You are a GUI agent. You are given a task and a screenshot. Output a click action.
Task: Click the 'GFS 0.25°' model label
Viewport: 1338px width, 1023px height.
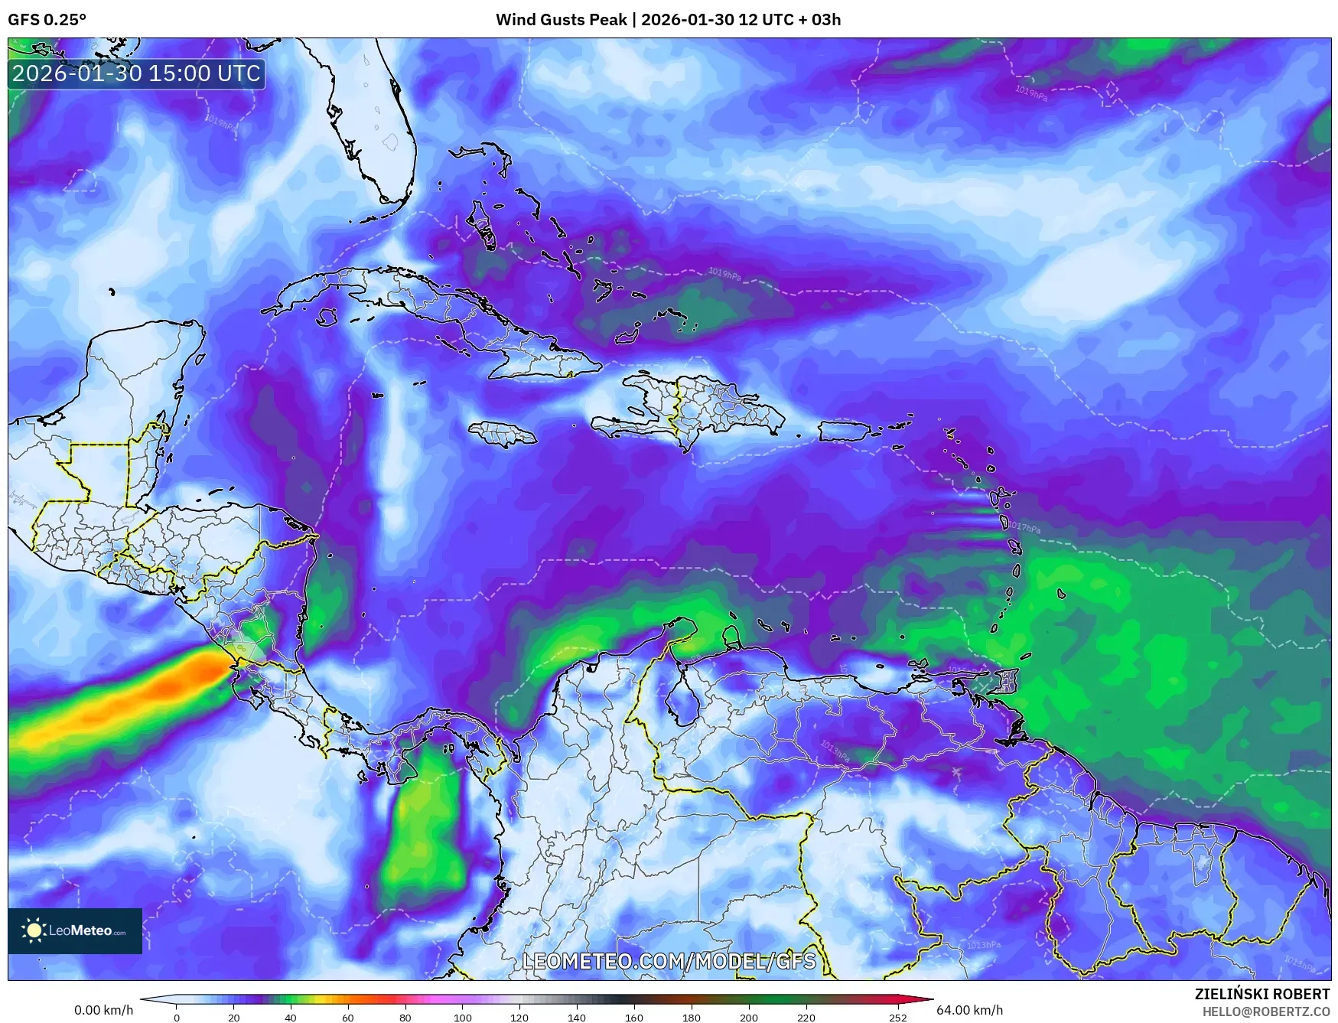[47, 20]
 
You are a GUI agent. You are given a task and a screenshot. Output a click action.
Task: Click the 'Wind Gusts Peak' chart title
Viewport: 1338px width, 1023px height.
[668, 20]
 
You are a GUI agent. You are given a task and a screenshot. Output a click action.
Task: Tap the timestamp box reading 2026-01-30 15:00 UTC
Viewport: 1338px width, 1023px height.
[137, 73]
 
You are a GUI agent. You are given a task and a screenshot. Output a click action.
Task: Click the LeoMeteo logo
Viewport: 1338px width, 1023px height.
[75, 930]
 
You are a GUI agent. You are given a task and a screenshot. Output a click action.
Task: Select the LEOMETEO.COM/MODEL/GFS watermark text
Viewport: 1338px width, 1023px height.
[669, 960]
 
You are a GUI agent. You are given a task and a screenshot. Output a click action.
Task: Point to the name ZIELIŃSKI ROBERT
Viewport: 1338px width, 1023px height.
[1261, 994]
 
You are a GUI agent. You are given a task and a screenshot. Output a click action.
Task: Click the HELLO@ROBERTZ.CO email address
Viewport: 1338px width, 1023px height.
[1265, 1012]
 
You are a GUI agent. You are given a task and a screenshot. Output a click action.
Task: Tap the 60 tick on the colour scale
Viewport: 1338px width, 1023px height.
[348, 1017]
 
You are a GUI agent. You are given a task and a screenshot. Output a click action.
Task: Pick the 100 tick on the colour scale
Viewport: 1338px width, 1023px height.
[462, 1017]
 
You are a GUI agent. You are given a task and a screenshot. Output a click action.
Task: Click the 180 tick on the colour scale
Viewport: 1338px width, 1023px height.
[691, 1017]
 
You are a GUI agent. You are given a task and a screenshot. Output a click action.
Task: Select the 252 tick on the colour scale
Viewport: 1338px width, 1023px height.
[897, 1017]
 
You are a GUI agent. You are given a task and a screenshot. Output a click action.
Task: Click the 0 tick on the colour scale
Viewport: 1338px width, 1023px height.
[177, 1017]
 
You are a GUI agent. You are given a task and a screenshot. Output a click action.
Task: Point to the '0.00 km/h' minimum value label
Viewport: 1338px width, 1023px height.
[103, 1010]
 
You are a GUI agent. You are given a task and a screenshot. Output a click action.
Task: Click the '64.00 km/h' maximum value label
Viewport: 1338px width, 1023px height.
[969, 1010]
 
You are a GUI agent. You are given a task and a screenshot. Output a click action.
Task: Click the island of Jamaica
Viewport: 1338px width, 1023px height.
[502, 435]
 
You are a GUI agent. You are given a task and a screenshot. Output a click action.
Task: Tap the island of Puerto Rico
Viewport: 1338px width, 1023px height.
[845, 431]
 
